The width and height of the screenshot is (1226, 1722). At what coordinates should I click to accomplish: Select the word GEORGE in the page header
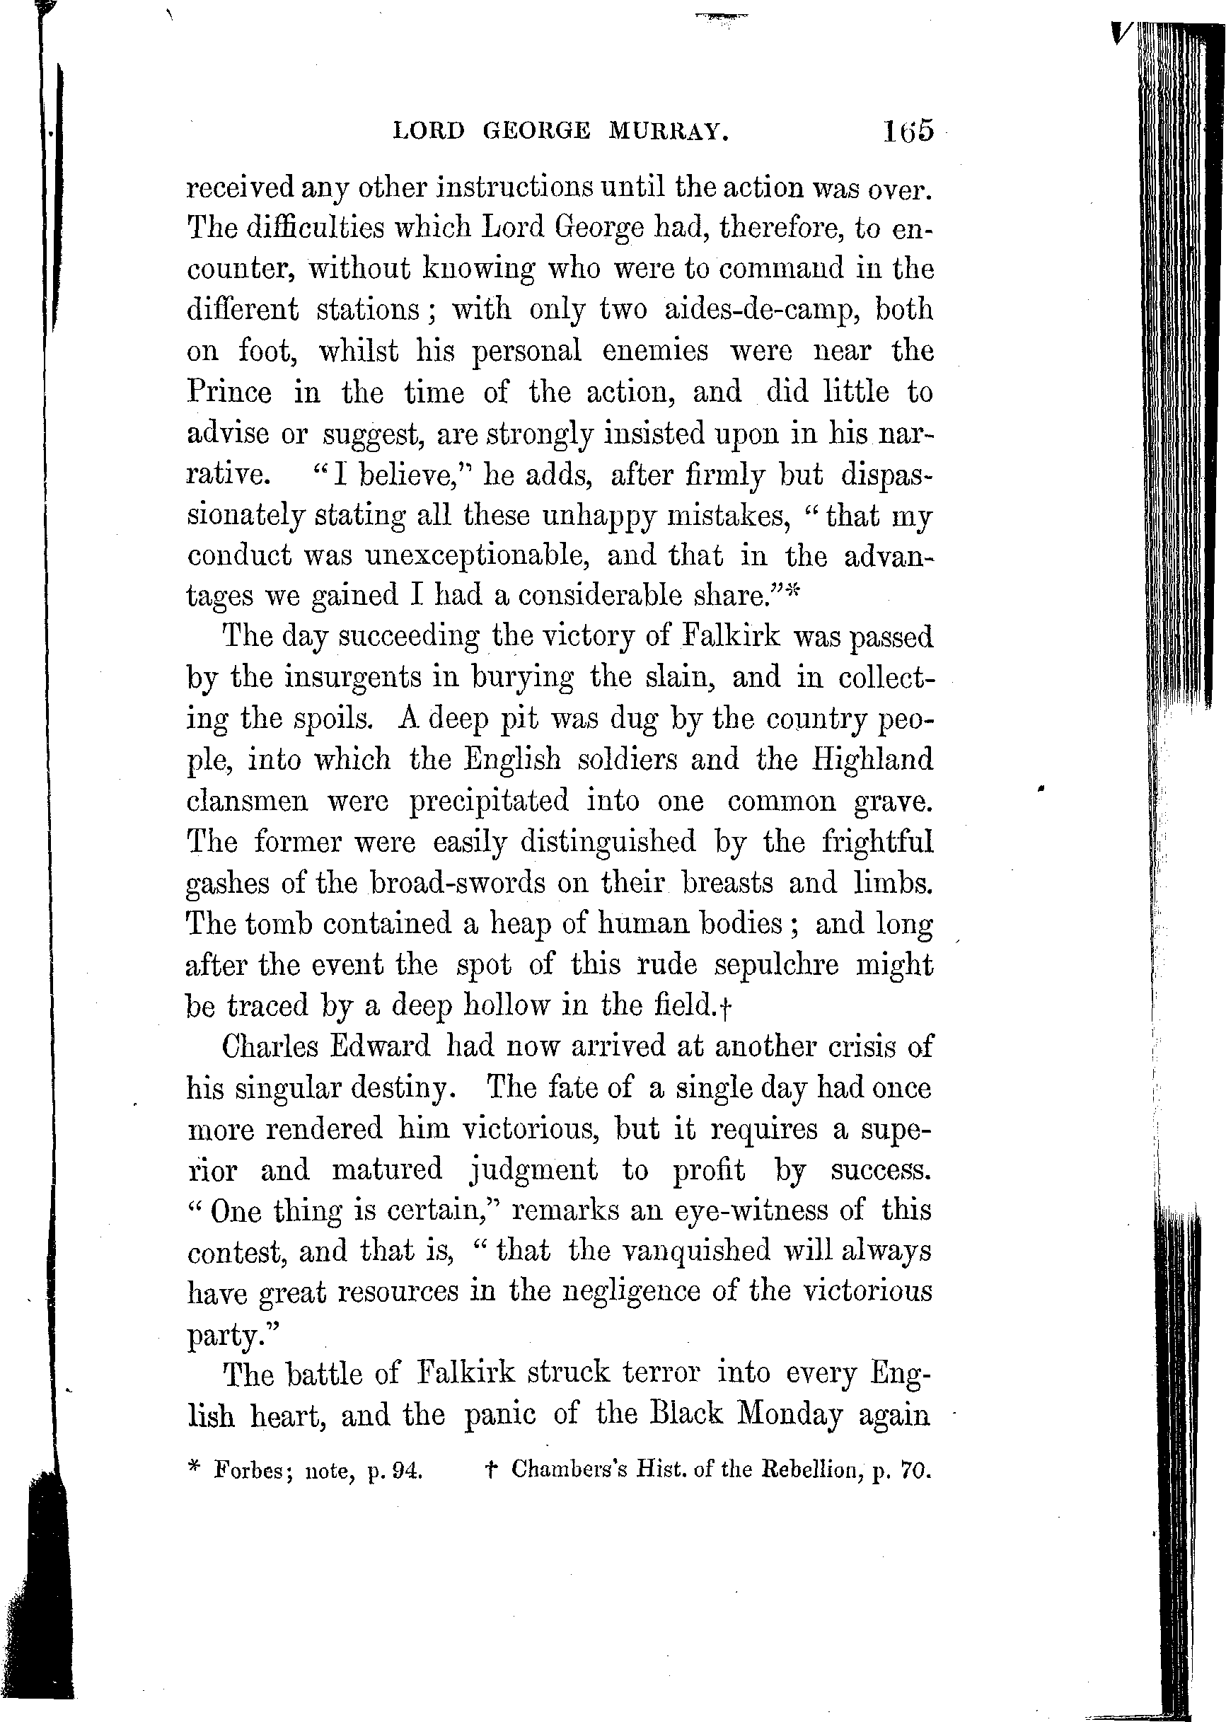[536, 132]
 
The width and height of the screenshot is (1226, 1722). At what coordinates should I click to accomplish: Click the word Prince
[229, 392]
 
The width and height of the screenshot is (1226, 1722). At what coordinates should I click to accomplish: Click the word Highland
[873, 758]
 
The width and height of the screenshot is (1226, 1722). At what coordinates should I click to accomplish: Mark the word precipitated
[488, 800]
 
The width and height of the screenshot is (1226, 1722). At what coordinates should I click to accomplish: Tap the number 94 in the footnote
[408, 1472]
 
